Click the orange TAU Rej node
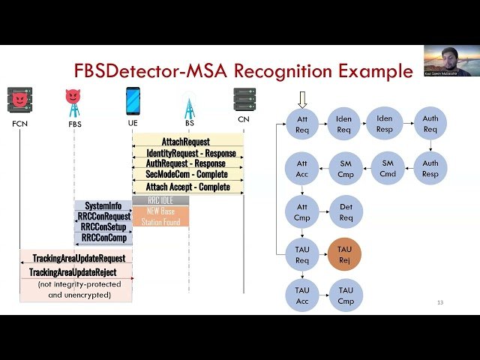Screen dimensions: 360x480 click(344, 255)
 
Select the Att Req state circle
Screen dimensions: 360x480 click(303, 123)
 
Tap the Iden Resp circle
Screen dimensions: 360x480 click(385, 123)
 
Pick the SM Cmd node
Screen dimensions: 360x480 click(388, 168)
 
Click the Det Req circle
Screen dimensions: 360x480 click(346, 212)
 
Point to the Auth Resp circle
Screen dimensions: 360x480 click(430, 168)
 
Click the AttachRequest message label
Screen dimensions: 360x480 click(185, 141)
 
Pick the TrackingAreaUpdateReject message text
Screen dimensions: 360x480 click(73, 271)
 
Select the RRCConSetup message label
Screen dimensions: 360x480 click(103, 226)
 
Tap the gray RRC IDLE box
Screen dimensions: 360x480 click(160, 201)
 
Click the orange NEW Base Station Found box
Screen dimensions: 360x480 click(160, 216)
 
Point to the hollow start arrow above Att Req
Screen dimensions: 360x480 click(303, 99)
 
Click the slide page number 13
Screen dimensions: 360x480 click(440, 303)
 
